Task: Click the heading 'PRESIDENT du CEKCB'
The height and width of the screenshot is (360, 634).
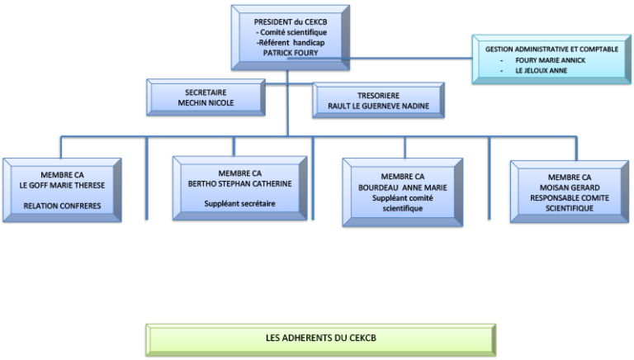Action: tap(290, 21)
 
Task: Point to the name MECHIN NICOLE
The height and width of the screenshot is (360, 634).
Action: tap(206, 103)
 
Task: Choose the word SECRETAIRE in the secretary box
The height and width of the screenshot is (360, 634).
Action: tap(206, 92)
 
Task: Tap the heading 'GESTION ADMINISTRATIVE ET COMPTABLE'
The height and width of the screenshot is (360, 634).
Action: tap(551, 50)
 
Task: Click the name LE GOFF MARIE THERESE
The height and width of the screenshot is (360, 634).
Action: tap(62, 185)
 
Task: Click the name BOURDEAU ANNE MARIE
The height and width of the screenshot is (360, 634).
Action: tap(403, 187)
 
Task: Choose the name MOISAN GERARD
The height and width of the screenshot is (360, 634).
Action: tap(570, 187)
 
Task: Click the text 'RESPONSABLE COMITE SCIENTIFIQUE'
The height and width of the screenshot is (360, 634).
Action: tap(570, 203)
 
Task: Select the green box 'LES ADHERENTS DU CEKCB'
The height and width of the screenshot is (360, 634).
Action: tap(321, 339)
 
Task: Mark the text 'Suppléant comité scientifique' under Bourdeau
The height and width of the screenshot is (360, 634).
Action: tap(403, 203)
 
